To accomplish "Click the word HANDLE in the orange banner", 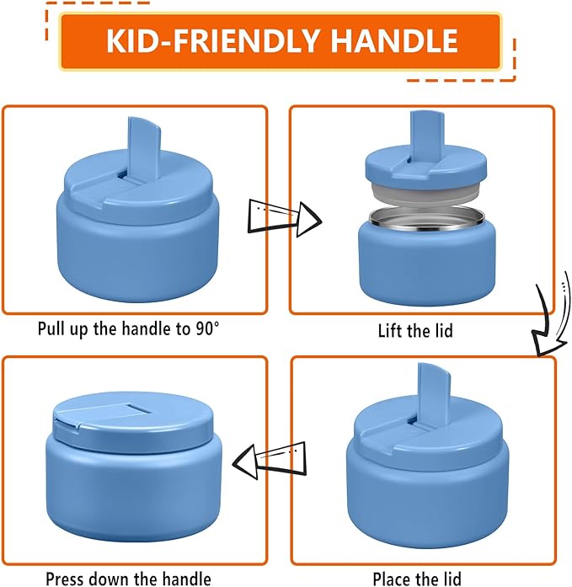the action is pyautogui.click(x=393, y=40).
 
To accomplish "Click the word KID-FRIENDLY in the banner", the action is pyautogui.click(x=212, y=40).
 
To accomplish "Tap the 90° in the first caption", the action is pyautogui.click(x=207, y=328).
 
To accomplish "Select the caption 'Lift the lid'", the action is pyautogui.click(x=415, y=331).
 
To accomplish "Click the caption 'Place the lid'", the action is pyautogui.click(x=417, y=579).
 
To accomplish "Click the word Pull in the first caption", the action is pyautogui.click(x=51, y=328).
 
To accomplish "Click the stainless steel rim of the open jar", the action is pyautogui.click(x=427, y=218).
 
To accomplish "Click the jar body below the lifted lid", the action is pyautogui.click(x=427, y=262).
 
